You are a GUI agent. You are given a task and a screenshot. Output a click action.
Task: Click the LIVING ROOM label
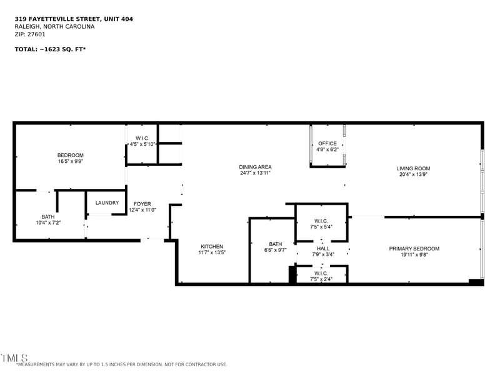tap(413, 168)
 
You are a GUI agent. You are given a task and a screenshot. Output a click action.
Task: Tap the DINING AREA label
tap(255, 167)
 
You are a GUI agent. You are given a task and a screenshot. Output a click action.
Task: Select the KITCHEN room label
tap(212, 247)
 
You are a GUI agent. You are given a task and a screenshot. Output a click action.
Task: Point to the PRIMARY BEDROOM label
tap(414, 249)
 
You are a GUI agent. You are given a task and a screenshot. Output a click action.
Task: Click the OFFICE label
tap(327, 143)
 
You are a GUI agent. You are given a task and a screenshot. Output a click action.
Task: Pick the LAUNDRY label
tap(107, 203)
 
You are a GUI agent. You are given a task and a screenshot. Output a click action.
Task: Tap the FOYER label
tap(142, 204)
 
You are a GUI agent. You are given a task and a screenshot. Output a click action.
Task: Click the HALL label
tap(323, 249)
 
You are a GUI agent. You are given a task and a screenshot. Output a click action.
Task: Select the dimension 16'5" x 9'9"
tap(71, 162)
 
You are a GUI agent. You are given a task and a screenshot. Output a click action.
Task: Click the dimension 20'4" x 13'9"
tap(413, 175)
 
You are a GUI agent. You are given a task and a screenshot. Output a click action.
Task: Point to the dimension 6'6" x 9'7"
tap(275, 250)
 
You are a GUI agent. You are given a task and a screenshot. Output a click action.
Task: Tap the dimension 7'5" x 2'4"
tap(321, 279)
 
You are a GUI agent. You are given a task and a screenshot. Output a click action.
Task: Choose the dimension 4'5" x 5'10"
tap(142, 145)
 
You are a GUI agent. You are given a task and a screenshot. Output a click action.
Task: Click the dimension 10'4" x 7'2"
tap(48, 223)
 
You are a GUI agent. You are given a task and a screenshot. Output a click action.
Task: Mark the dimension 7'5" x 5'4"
tap(321, 227)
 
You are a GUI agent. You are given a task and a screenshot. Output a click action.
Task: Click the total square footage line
tap(51, 49)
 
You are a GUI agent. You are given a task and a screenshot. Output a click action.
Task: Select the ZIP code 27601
tap(36, 34)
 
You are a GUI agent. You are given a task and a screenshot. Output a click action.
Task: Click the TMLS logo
tap(14, 357)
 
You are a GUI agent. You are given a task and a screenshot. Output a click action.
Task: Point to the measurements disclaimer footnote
tap(121, 364)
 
